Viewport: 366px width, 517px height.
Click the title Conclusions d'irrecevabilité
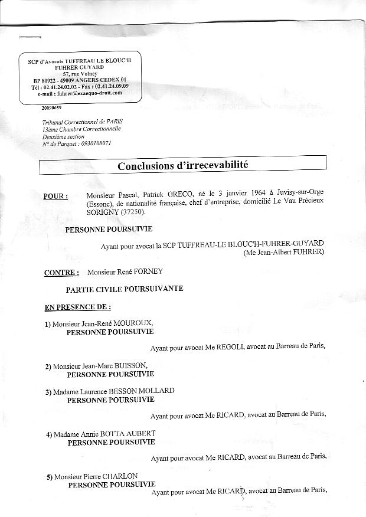(x=183, y=165)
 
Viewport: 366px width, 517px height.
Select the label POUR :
(x=55, y=197)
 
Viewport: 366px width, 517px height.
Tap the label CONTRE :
(x=61, y=273)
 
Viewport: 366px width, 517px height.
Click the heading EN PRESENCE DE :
(x=78, y=307)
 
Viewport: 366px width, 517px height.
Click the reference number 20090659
(x=51, y=109)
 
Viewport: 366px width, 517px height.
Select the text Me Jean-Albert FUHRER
(x=284, y=252)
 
